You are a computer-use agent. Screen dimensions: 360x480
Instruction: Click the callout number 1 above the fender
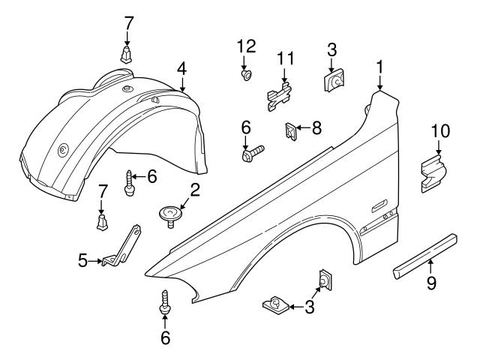click(x=380, y=67)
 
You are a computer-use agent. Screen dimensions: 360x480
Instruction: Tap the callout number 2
click(x=194, y=190)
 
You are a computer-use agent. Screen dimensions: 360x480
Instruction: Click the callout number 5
click(x=82, y=261)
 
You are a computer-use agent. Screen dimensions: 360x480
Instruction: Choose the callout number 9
click(x=430, y=283)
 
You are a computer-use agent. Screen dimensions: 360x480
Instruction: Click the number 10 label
click(x=440, y=132)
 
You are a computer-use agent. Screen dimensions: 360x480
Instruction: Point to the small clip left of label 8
click(x=289, y=131)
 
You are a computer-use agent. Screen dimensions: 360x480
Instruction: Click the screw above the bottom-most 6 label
click(x=163, y=304)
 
